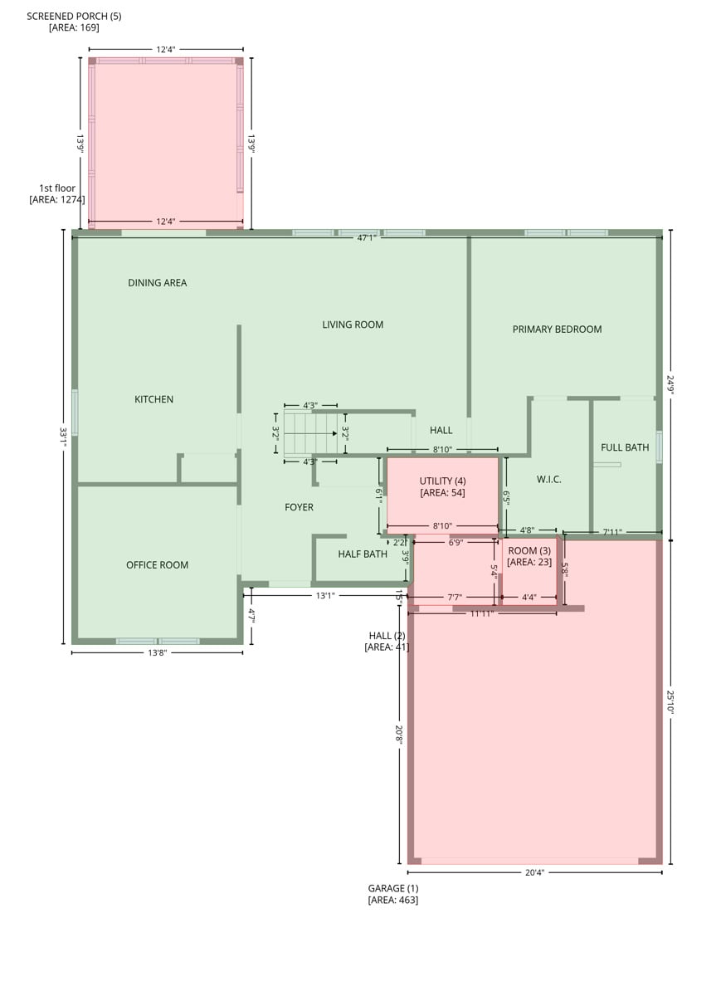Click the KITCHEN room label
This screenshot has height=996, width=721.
tap(153, 399)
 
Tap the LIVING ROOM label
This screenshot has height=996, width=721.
tap(353, 325)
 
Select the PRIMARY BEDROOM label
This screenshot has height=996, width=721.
tap(557, 329)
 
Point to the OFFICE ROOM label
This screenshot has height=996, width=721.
tap(157, 564)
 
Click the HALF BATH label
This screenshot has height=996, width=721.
tap(363, 554)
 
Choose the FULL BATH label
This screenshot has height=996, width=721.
tap(625, 447)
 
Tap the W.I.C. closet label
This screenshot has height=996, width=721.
tap(548, 480)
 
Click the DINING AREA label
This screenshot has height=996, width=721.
tap(158, 283)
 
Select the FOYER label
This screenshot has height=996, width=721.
tap(299, 507)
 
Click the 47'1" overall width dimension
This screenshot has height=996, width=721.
tap(366, 238)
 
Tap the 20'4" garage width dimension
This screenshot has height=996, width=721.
tap(534, 872)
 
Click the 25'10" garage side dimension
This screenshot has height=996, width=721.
tap(670, 702)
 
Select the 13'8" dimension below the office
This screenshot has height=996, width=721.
tap(158, 652)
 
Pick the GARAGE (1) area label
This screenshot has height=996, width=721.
tap(393, 894)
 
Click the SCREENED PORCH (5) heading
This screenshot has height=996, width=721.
tap(74, 16)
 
